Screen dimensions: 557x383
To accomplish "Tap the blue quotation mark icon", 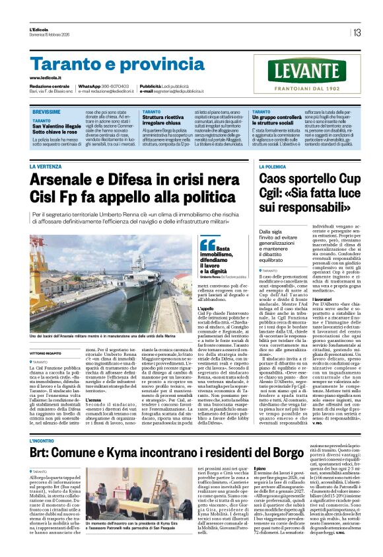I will tap(208, 245).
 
